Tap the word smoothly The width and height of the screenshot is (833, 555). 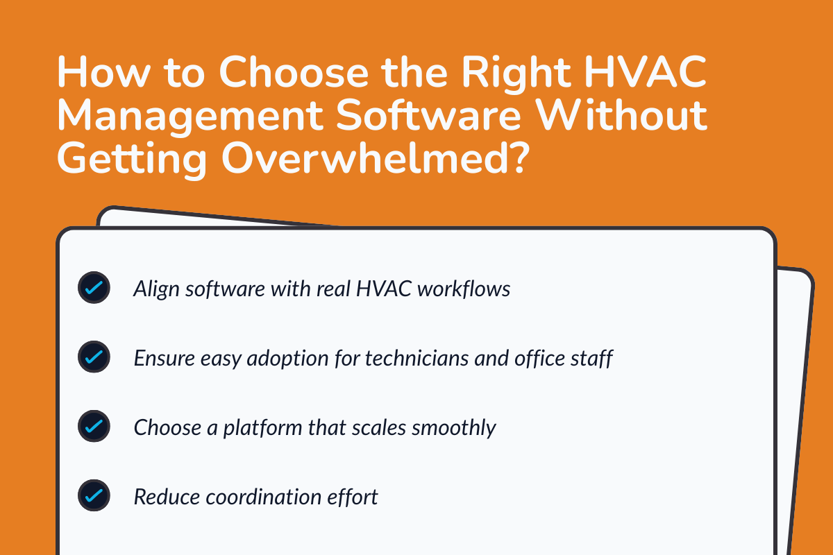(x=454, y=427)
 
